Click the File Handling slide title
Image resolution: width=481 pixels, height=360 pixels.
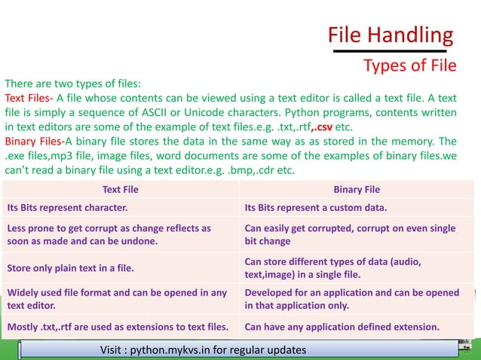pos(391,35)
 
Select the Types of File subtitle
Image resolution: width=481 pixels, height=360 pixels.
pos(409,66)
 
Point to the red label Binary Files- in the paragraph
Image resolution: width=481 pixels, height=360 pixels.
pos(34,141)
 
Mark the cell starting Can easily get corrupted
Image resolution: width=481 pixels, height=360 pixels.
pos(351,233)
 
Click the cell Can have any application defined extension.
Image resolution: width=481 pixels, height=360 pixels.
pos(342,327)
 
